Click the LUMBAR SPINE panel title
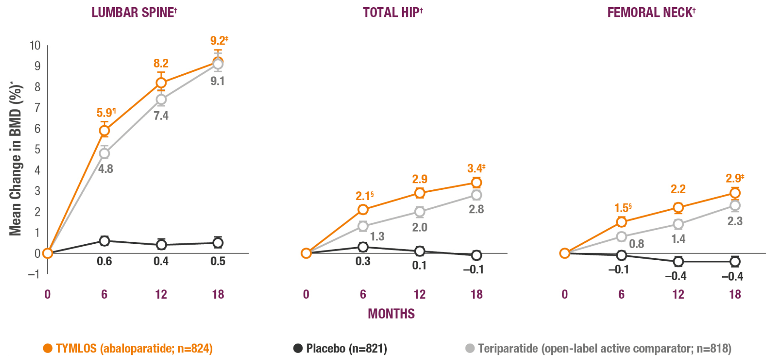tap(134, 13)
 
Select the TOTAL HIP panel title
tap(392, 13)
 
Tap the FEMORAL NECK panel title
tap(651, 13)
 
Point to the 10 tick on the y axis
tap(35, 46)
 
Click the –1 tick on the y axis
tap(34, 274)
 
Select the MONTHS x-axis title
tap(391, 314)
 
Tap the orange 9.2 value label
tap(218, 41)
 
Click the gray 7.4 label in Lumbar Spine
tap(161, 115)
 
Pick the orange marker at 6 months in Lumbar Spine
tap(104, 131)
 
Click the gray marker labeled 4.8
tap(104, 153)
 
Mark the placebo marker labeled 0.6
tap(104, 241)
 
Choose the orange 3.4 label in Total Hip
tap(475, 169)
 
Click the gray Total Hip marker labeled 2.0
tap(419, 211)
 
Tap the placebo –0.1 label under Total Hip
tap(474, 270)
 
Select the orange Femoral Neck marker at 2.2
tap(678, 207)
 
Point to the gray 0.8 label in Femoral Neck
tap(636, 244)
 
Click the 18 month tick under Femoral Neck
tap(735, 295)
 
